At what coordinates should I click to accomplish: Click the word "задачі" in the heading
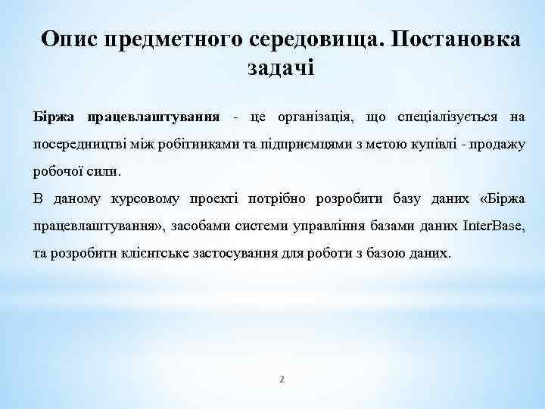(x=280, y=67)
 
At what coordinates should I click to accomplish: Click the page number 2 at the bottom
(x=282, y=379)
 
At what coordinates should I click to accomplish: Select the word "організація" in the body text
(x=322, y=117)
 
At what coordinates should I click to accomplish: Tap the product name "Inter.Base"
(x=492, y=226)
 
